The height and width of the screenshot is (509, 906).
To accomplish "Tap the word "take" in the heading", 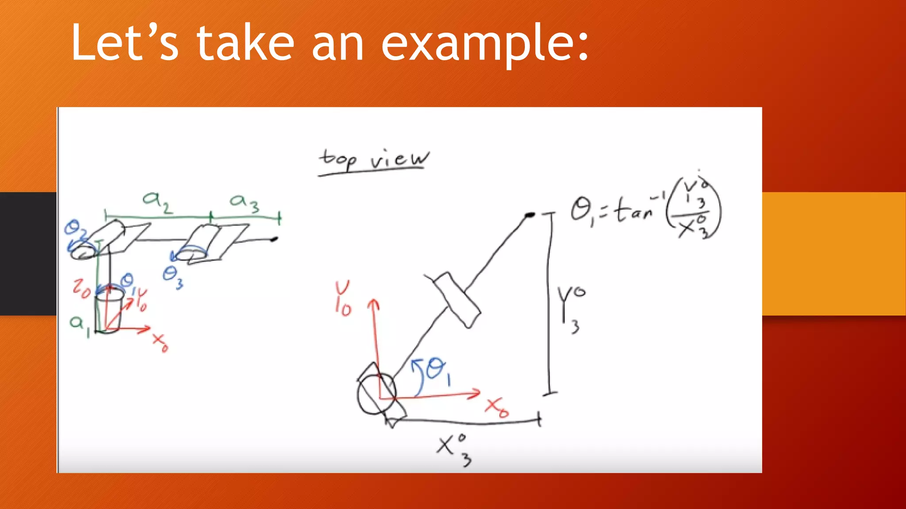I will [x=246, y=43].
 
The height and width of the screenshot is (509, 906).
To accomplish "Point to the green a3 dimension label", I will [x=244, y=203].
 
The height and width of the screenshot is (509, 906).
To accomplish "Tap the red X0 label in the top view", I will [x=497, y=407].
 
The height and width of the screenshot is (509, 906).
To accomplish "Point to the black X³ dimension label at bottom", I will [x=453, y=448].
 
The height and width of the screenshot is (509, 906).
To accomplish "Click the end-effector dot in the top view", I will [x=529, y=215].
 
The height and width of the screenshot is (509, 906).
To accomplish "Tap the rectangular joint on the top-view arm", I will [x=457, y=300].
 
